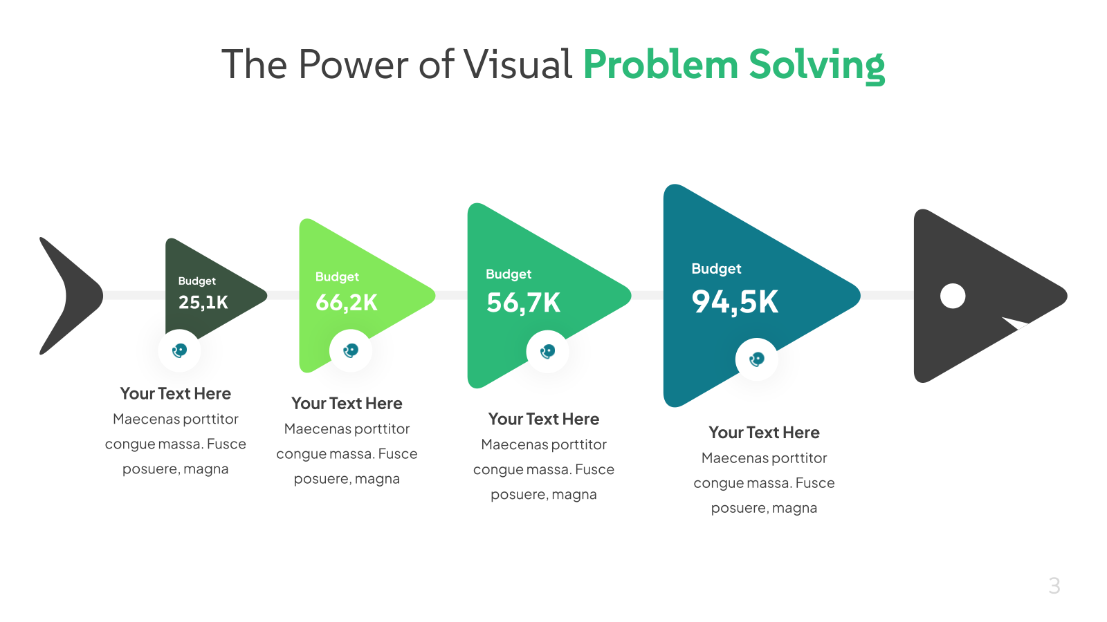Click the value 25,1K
pyautogui.click(x=203, y=302)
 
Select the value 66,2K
pyautogui.click(x=347, y=303)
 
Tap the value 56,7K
pyautogui.click(x=523, y=303)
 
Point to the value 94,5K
pyautogui.click(x=735, y=301)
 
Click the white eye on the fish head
pyautogui.click(x=952, y=296)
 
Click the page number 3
pyautogui.click(x=1054, y=586)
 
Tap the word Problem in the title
pyautogui.click(x=661, y=64)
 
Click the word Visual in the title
pyautogui.click(x=518, y=64)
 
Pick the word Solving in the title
pyautogui.click(x=816, y=66)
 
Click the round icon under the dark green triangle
pyautogui.click(x=179, y=350)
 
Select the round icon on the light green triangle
pyautogui.click(x=350, y=350)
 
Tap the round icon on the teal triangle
pyautogui.click(x=757, y=359)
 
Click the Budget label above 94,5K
pyautogui.click(x=716, y=269)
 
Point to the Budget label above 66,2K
pyautogui.click(x=337, y=277)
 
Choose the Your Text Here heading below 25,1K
pyautogui.click(x=176, y=393)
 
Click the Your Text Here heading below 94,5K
pyautogui.click(x=764, y=433)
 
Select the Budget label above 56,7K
pyautogui.click(x=509, y=274)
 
